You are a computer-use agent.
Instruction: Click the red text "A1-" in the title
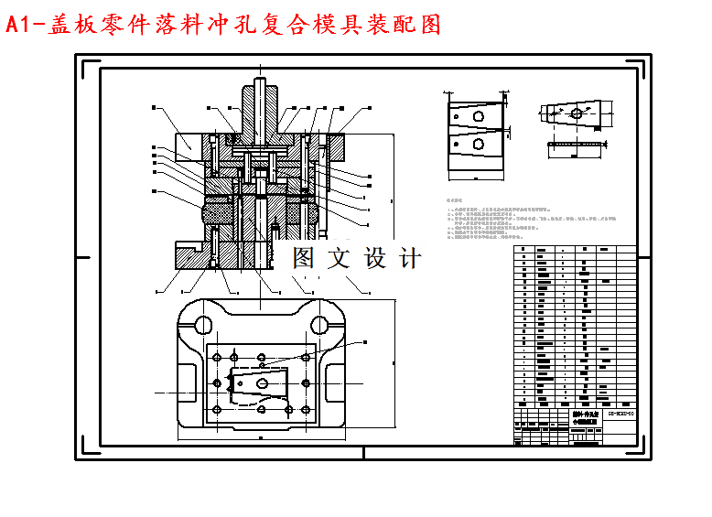[x=25, y=25]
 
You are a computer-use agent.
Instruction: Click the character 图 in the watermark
[x=304, y=258]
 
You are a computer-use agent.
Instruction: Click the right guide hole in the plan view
[x=319, y=323]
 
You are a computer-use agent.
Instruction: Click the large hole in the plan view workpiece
[x=264, y=383]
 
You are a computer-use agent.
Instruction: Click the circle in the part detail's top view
[x=575, y=113]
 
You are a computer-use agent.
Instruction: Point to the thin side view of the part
[x=577, y=143]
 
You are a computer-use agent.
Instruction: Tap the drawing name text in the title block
[x=583, y=416]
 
